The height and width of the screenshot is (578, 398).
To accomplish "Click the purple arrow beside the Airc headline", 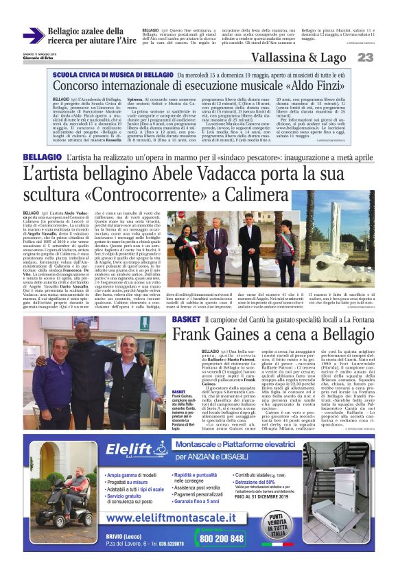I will [34, 35].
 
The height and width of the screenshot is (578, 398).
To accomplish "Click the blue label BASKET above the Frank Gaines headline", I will [186, 321].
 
